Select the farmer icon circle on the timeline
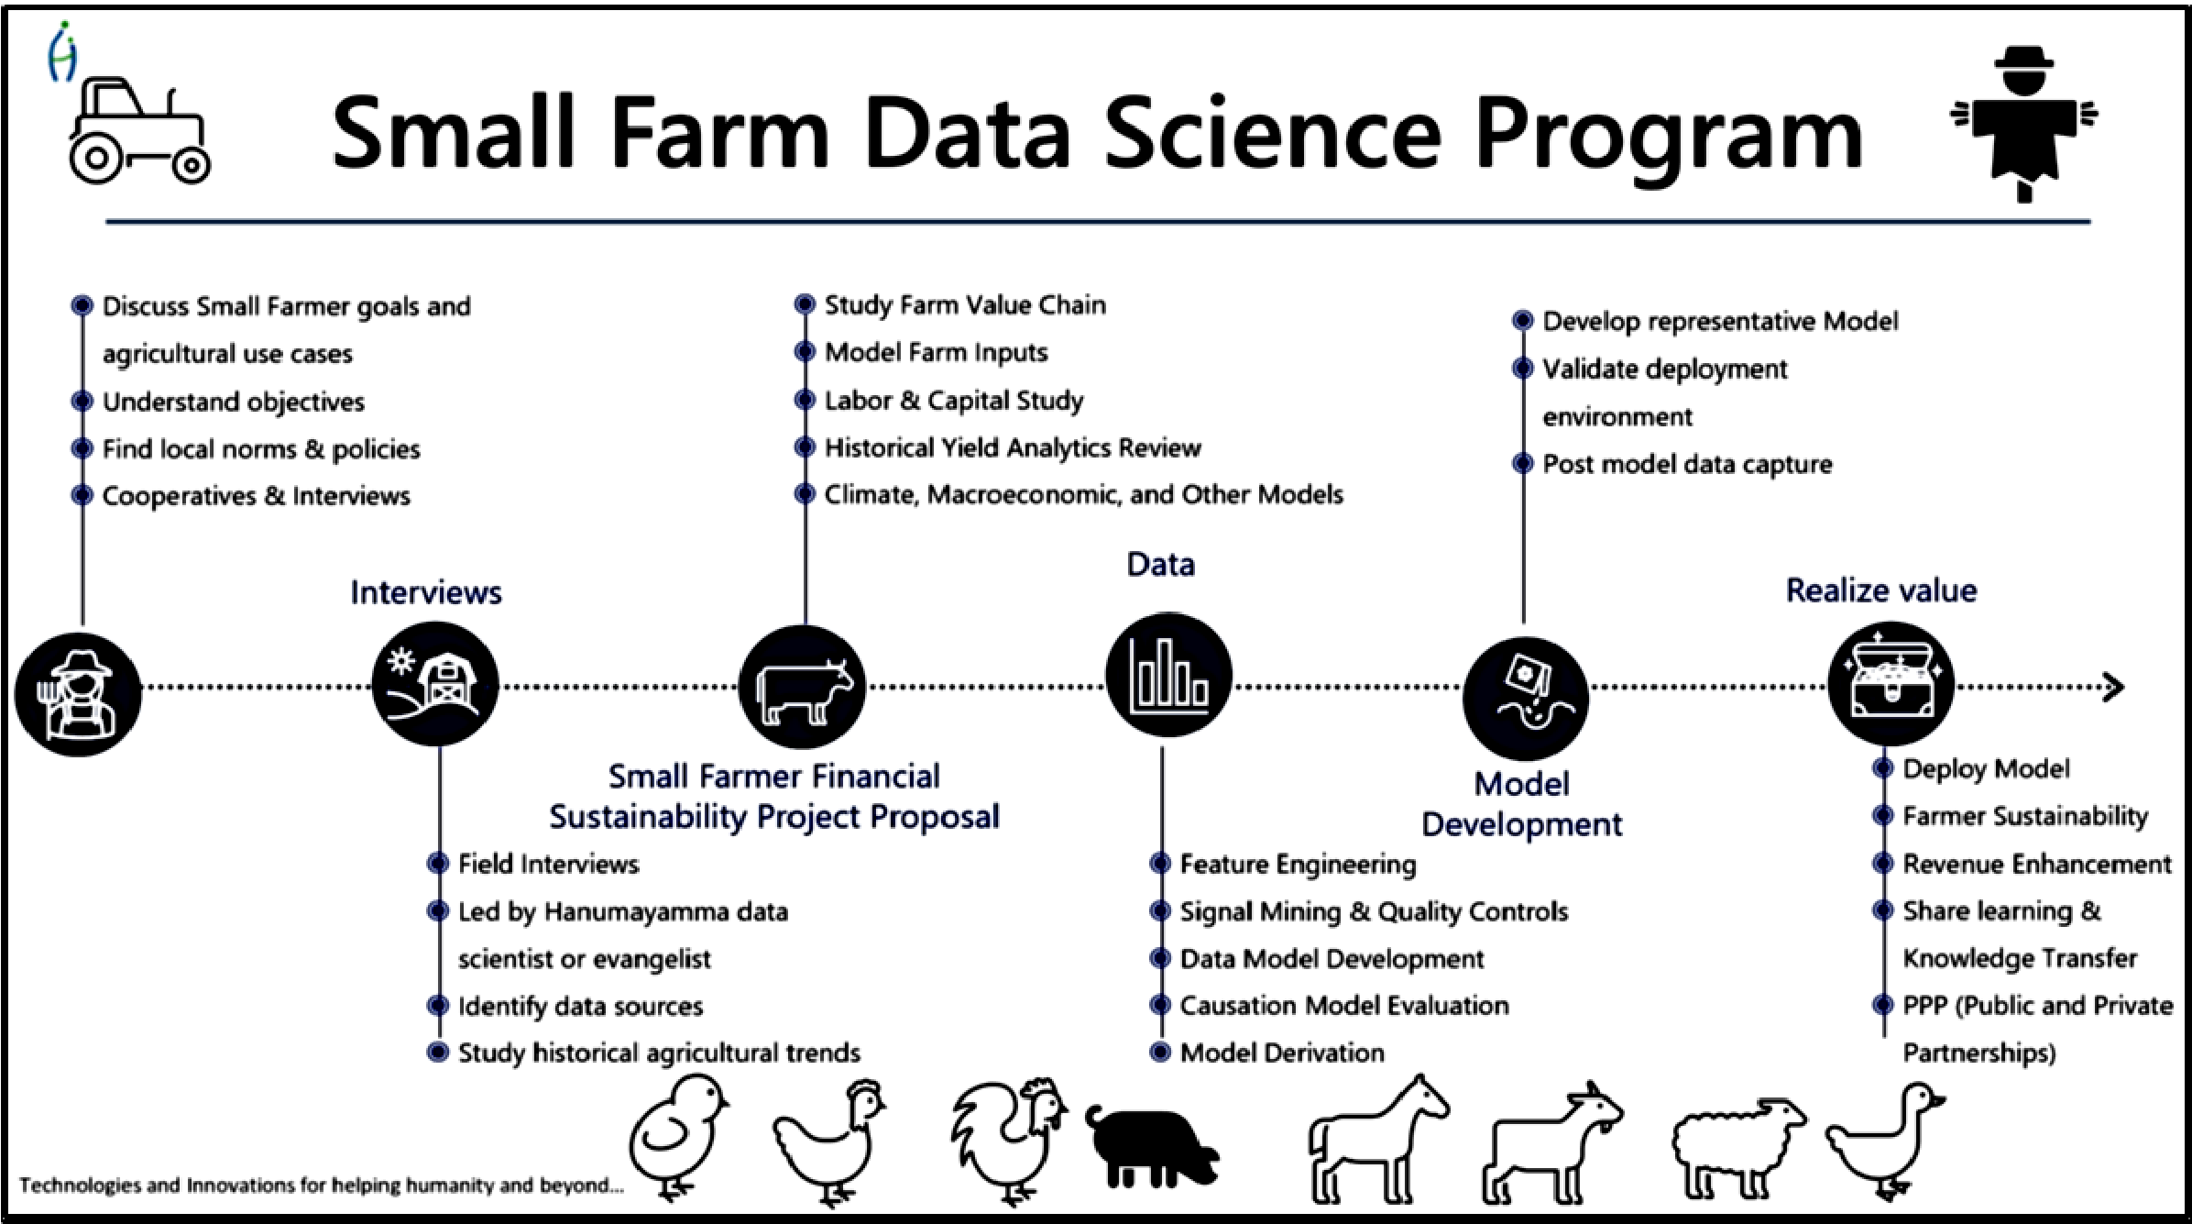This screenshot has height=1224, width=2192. coord(79,694)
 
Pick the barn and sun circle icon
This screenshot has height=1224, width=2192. coord(435,685)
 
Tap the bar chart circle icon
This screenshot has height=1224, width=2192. coord(1168,676)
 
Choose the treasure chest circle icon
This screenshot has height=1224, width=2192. coord(1891,683)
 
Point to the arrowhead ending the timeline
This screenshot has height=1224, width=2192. coord(2113,687)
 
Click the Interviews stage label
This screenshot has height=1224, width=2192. coord(426,592)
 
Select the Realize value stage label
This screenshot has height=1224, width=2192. coord(1881,590)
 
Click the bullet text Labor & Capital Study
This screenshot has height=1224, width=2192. coord(954,401)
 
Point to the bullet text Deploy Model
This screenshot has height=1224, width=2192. coord(1986,768)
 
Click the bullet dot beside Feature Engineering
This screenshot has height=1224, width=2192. coord(1160,864)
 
